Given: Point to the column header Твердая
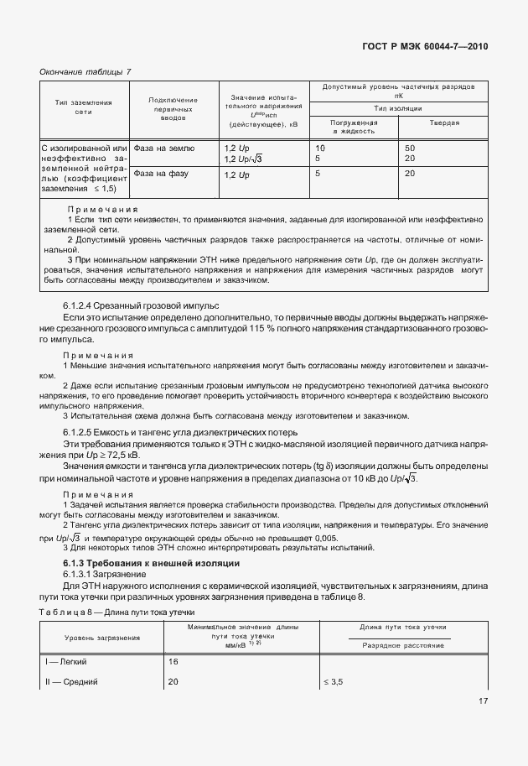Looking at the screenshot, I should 444,122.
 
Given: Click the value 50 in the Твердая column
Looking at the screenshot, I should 410,148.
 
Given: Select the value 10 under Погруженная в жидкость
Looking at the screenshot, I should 319,148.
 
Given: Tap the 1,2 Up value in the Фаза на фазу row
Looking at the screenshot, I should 237,175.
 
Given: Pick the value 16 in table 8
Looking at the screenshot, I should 174,662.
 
